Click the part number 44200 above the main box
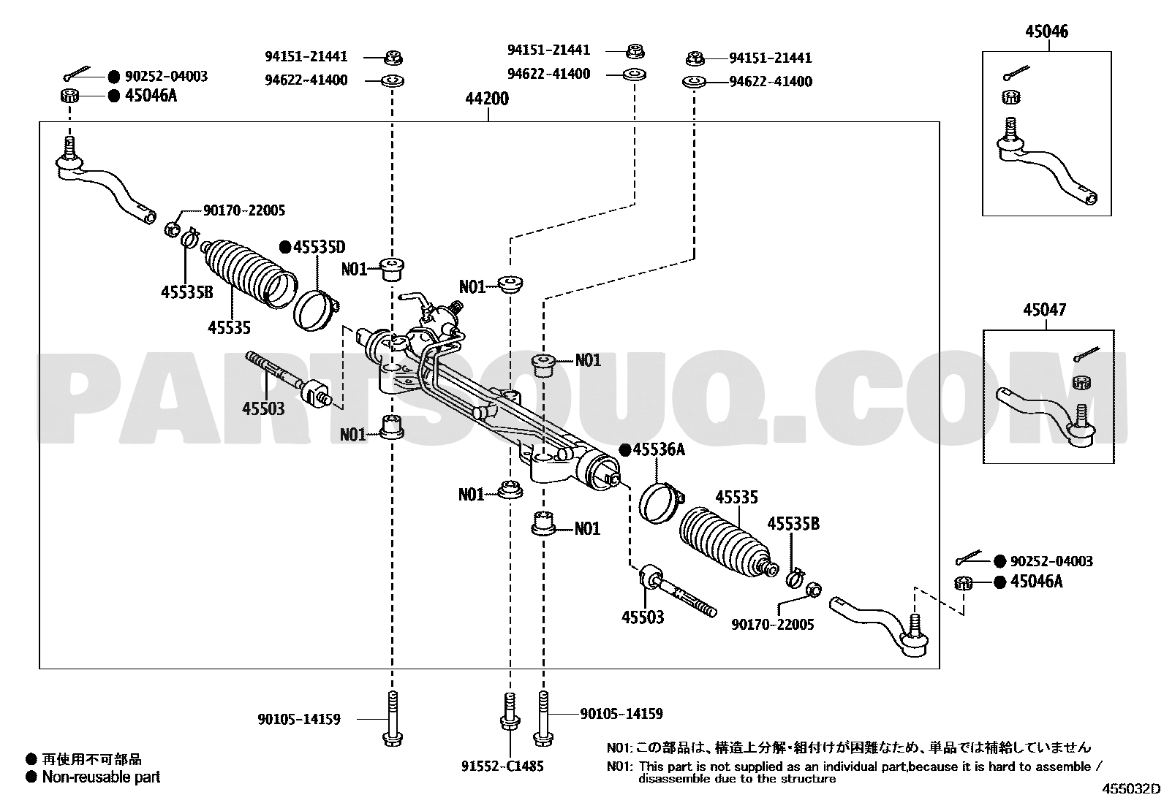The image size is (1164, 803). pos(487,98)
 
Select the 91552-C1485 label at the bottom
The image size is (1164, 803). pos(502,766)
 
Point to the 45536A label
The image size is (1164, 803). pos(659,449)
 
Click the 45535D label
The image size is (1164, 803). pos(319,247)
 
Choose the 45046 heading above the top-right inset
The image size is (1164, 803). pos(1046,31)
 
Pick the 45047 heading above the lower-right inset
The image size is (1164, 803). pos(1045,310)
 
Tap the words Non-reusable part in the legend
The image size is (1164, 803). pos(102,777)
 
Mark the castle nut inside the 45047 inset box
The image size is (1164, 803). pos(1081,382)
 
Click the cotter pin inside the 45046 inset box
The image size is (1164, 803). pos(1016,73)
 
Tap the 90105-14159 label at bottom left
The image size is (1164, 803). pos(299,720)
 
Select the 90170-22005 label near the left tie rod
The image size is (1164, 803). pos(244,210)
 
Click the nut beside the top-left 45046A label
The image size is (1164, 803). pos(69,96)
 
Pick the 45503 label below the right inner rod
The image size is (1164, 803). pos(643,617)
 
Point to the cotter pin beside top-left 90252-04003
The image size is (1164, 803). pos(77,73)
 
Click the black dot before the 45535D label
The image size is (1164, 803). pos(285,247)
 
